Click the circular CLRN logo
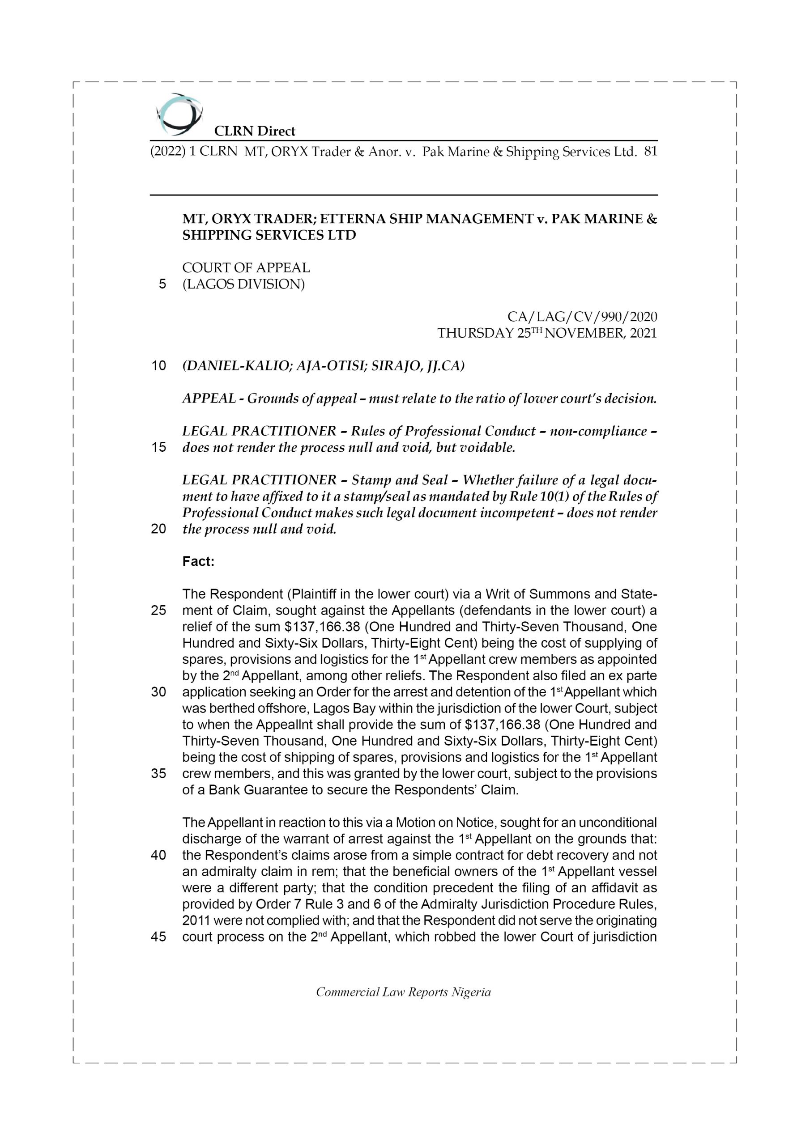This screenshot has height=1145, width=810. (179, 114)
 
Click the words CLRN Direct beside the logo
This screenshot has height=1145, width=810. (255, 131)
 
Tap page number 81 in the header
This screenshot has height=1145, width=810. (651, 152)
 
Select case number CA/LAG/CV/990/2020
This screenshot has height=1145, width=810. (582, 317)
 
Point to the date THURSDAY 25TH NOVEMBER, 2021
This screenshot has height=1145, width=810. (547, 333)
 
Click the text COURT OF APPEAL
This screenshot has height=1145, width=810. (246, 268)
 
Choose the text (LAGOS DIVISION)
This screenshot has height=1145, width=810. (243, 284)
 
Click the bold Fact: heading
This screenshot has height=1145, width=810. (198, 561)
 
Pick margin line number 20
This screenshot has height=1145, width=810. (158, 529)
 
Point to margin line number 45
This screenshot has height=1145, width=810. (158, 937)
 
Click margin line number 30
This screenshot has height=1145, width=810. (158, 692)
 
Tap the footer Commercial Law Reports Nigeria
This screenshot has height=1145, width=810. (403, 992)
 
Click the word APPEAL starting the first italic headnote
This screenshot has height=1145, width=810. (209, 399)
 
